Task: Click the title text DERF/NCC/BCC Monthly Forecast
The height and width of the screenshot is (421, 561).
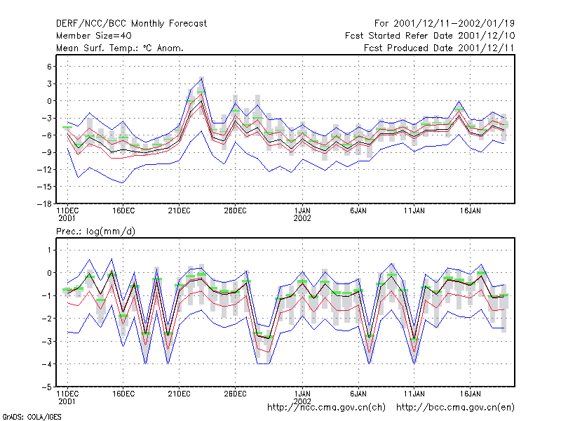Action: tap(131, 24)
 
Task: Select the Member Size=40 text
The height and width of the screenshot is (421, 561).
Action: tap(94, 36)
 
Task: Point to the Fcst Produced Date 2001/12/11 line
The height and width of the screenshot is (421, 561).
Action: tap(439, 48)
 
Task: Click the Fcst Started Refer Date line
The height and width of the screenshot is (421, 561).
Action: tap(430, 36)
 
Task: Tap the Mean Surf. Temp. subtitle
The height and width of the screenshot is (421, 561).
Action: tap(120, 48)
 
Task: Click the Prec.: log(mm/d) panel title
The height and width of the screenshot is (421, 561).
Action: tap(95, 232)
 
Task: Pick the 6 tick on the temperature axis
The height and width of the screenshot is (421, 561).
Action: tap(49, 67)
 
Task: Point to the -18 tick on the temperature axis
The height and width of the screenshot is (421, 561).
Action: tap(44, 203)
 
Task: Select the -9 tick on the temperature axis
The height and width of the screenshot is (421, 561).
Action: tap(47, 152)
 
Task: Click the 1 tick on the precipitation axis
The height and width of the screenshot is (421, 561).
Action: tap(50, 250)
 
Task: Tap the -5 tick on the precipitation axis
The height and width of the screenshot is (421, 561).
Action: tap(47, 387)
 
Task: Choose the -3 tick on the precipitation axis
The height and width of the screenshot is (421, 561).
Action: tap(47, 342)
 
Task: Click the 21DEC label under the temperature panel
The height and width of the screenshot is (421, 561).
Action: tap(180, 211)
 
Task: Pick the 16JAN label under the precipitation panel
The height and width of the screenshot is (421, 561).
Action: tap(470, 394)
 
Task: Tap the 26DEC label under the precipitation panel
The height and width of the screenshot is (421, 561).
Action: tap(235, 394)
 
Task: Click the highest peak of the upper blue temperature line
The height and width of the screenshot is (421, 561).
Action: tap(202, 78)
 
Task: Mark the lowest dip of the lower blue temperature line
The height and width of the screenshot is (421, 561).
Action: tap(123, 183)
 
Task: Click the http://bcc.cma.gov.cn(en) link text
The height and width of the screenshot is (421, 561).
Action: tap(455, 408)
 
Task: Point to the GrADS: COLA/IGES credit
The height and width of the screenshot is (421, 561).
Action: tap(32, 417)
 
